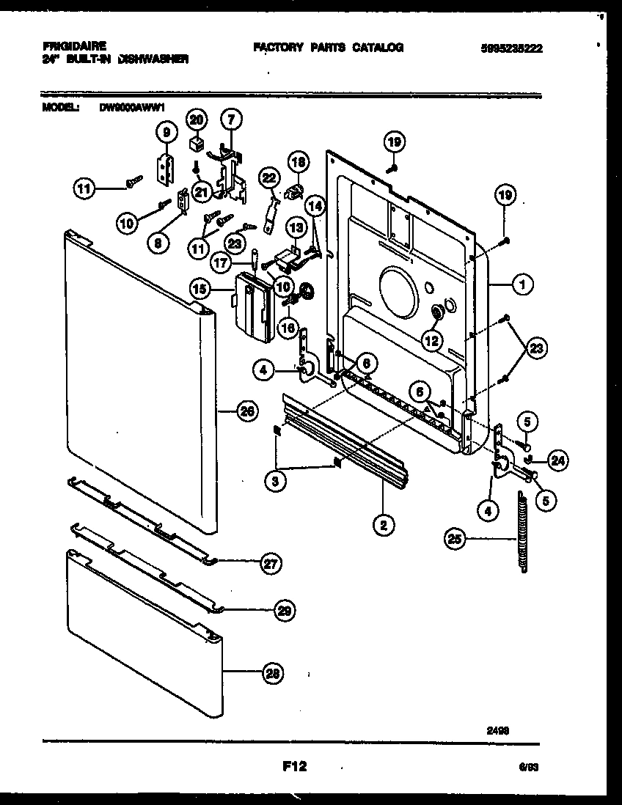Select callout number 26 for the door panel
(x=247, y=412)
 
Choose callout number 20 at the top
(x=196, y=119)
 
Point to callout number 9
(x=167, y=133)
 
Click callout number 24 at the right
(x=557, y=460)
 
